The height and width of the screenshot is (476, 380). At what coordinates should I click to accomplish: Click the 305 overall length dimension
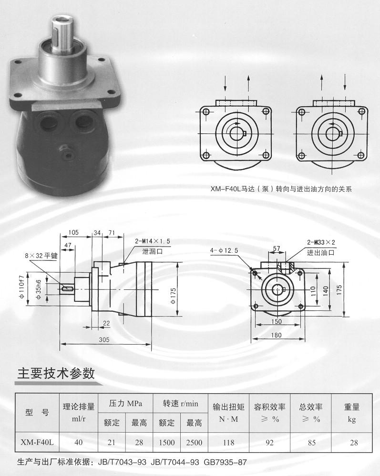(x=104, y=340)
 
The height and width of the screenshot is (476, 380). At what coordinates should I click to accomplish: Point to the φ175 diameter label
(x=173, y=296)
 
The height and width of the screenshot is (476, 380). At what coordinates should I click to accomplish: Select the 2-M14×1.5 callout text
(x=153, y=241)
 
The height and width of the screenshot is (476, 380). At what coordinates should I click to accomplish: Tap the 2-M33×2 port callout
(x=321, y=242)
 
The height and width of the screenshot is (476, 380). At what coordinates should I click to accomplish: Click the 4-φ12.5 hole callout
(x=224, y=250)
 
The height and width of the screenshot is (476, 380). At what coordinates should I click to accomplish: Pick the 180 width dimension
(x=277, y=335)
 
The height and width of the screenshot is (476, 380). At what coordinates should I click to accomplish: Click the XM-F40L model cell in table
(x=37, y=442)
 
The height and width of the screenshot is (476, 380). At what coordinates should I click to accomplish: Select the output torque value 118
(x=228, y=443)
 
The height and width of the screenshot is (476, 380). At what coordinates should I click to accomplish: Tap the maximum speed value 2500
(x=194, y=443)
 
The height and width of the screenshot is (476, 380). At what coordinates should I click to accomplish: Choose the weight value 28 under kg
(x=354, y=443)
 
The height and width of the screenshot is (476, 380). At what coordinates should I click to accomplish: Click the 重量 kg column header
(x=352, y=413)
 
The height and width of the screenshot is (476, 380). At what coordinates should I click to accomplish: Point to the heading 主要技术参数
(x=56, y=373)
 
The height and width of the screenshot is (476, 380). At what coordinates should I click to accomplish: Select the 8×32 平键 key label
(x=41, y=256)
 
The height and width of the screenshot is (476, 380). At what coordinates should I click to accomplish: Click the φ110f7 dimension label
(x=21, y=287)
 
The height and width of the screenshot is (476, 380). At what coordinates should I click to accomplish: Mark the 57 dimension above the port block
(x=277, y=248)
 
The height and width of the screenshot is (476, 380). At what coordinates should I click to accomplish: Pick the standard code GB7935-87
(x=225, y=462)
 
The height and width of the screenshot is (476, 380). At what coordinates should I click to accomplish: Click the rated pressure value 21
(x=112, y=443)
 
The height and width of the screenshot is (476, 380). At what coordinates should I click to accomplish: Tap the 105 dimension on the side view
(x=73, y=233)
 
